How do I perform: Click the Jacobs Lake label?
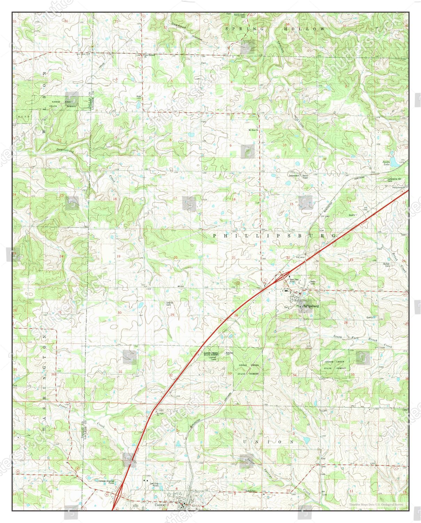tap(386, 163)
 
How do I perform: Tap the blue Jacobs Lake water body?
tap(394, 162)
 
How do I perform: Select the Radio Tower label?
tap(305, 176)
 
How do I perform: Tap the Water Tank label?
tap(312, 282)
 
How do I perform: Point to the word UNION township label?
tap(273, 442)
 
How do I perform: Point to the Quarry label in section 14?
tap(352, 215)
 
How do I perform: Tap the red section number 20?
tap(176, 258)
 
